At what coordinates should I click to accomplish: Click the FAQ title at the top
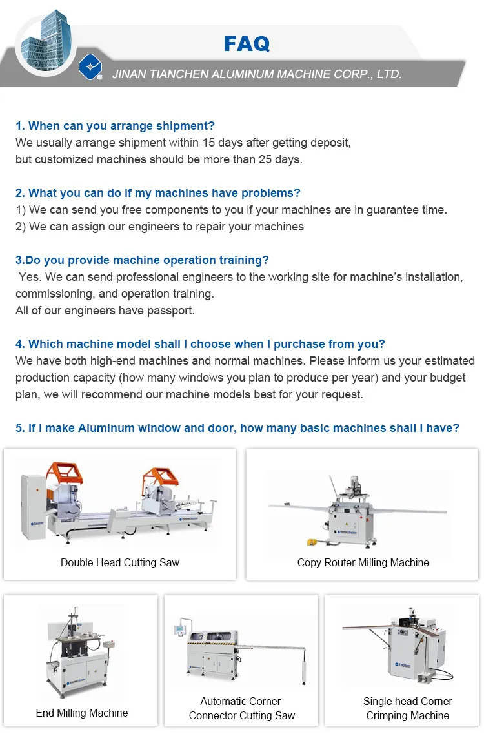[x=247, y=44]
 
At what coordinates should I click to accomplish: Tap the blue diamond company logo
[x=90, y=68]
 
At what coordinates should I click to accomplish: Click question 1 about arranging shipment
[x=115, y=126]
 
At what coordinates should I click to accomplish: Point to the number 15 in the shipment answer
[x=208, y=143]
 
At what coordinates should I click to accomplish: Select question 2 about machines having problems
[x=158, y=193]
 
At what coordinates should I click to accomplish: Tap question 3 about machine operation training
[x=142, y=260]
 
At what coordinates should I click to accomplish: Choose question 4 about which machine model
[x=200, y=344]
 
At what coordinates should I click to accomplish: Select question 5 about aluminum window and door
[x=237, y=428]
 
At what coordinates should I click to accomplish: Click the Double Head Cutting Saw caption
[x=120, y=562]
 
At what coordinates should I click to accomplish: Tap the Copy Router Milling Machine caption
[x=363, y=562]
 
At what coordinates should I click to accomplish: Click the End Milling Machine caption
[x=82, y=713]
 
